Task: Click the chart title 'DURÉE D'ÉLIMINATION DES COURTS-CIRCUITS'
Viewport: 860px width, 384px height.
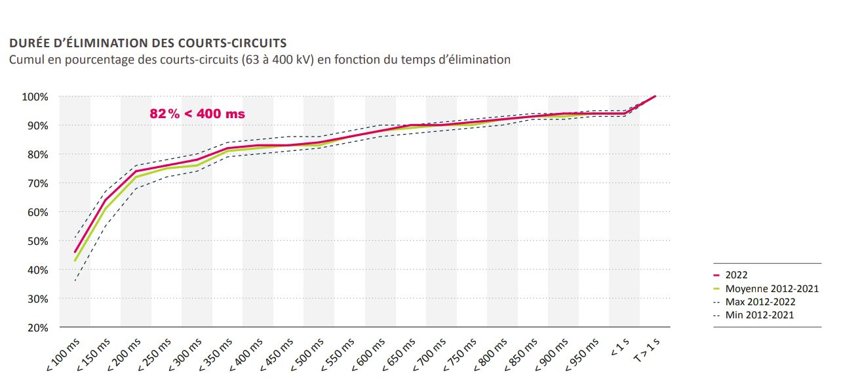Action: coord(147,43)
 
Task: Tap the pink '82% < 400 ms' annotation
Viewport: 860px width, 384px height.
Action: coord(197,114)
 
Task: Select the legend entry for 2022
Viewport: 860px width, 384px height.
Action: coord(736,275)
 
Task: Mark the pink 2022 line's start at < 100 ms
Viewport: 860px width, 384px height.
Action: coord(75,252)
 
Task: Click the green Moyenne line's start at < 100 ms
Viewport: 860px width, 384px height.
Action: coord(75,261)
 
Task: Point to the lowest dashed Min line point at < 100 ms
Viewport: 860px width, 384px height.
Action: coord(75,281)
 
